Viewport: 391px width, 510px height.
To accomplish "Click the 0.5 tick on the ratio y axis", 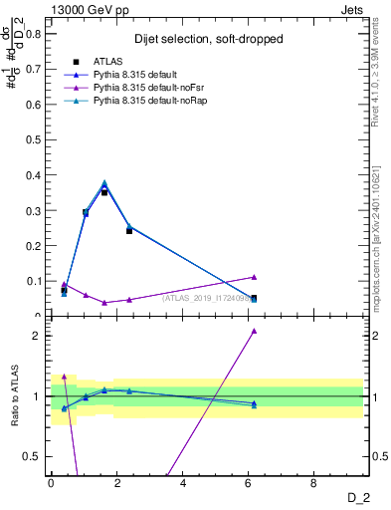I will tap(34, 456).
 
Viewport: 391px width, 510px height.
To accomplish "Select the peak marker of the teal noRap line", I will tap(104, 183).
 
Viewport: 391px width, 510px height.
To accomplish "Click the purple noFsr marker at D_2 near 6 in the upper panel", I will tap(254, 277).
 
